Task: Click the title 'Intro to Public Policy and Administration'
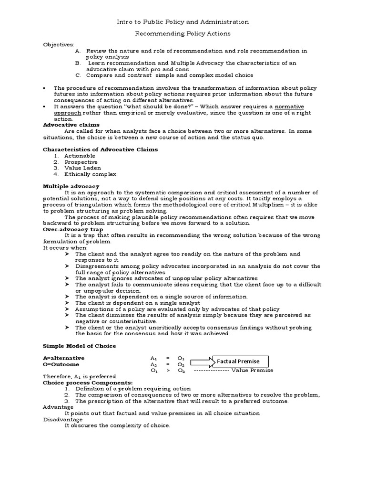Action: [x=183, y=22]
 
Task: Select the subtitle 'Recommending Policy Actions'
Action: [x=183, y=34]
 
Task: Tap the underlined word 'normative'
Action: [x=289, y=106]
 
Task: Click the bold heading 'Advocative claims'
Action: [x=71, y=125]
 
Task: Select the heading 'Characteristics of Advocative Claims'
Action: [x=101, y=149]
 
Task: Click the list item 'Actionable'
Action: [x=80, y=156]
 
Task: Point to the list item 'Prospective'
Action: [x=81, y=162]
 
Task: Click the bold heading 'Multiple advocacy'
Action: [x=71, y=186]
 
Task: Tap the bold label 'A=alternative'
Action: [x=64, y=358]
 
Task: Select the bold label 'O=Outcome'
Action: [x=61, y=364]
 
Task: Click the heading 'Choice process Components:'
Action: [x=88, y=383]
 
